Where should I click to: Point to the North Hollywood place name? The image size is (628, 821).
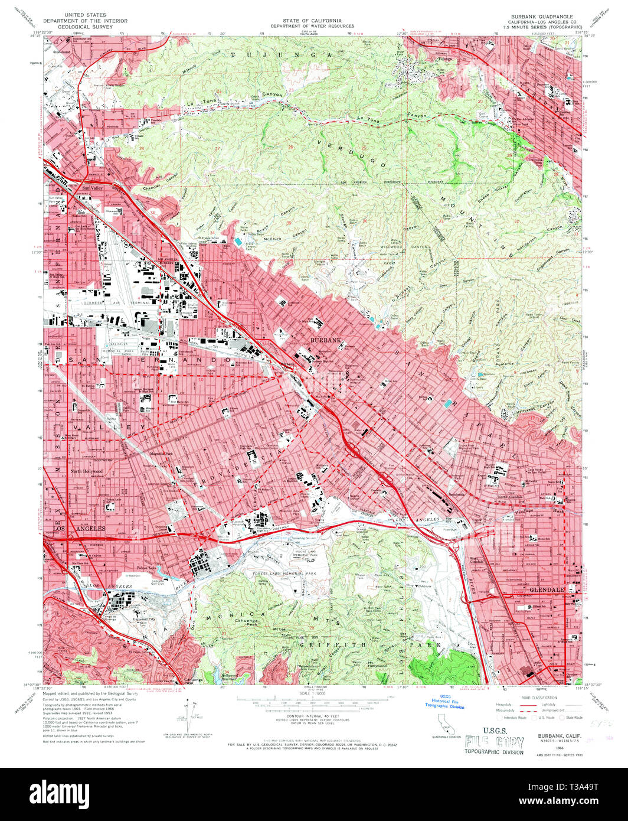(x=87, y=471)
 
